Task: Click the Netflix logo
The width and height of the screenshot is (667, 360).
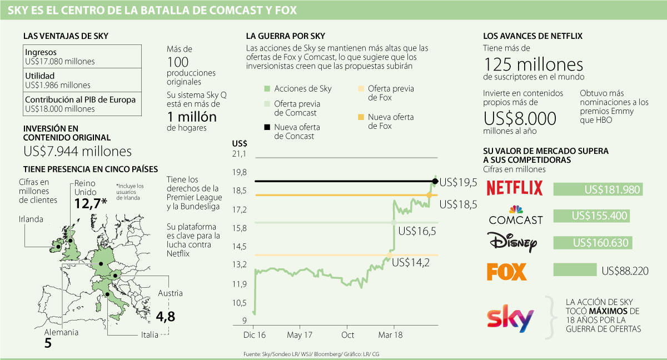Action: (514, 188)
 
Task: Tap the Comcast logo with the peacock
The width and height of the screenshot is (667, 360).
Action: (515, 215)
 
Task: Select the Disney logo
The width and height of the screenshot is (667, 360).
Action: (512, 243)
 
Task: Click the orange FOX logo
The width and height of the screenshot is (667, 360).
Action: (506, 272)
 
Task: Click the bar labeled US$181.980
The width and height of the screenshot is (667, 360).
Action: (598, 189)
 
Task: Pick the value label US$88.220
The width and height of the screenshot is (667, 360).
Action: (625, 271)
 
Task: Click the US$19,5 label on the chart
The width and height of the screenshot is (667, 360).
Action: (459, 182)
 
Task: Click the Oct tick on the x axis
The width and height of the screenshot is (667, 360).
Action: (348, 335)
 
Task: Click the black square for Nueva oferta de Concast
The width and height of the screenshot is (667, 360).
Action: (267, 127)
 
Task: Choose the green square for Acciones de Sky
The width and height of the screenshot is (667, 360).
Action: (267, 89)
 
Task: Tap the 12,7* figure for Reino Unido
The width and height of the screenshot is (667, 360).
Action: (90, 203)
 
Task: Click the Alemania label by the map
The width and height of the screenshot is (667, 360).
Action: (61, 332)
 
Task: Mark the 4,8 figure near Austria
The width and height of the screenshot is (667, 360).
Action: (166, 317)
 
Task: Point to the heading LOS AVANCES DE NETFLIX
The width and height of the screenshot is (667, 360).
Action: (533, 36)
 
